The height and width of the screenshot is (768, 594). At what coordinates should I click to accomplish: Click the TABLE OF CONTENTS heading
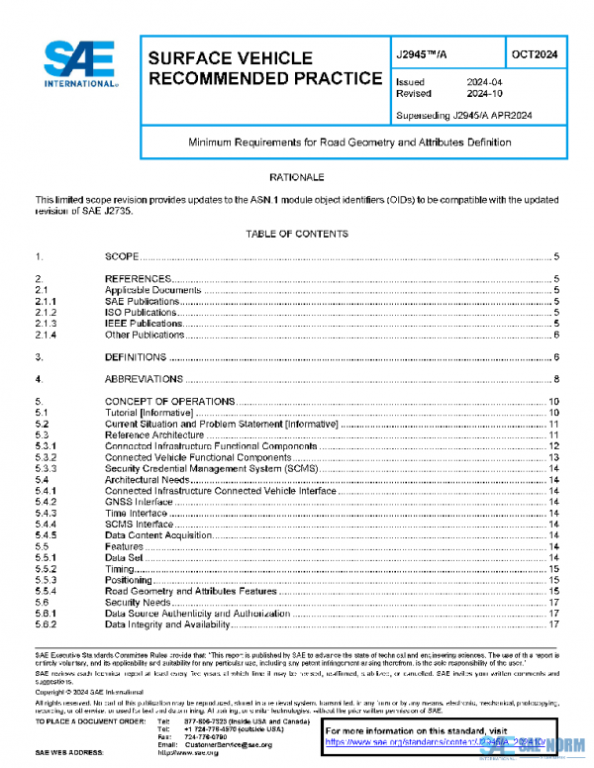point(297,234)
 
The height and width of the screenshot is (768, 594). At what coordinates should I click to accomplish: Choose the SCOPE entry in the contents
point(122,256)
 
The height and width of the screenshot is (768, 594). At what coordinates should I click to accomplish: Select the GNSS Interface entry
point(139,503)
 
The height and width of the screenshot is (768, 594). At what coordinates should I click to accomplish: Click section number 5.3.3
point(49,469)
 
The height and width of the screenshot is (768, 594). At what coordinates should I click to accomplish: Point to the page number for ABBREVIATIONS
point(558,378)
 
